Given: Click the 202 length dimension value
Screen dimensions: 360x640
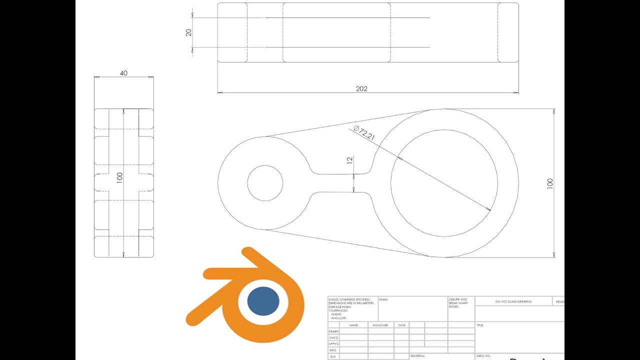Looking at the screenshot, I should [361, 88].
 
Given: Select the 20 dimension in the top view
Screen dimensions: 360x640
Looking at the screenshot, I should [188, 32].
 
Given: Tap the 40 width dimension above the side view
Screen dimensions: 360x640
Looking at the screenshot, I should [123, 73].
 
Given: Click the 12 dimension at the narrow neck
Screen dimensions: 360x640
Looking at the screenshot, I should [350, 160].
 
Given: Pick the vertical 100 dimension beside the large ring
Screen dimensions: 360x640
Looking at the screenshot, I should [550, 183].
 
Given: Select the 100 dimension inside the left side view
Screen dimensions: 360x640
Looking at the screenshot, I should [119, 178].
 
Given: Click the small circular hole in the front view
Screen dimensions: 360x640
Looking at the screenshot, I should [265, 183].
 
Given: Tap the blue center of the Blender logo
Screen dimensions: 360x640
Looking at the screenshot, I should [263, 301].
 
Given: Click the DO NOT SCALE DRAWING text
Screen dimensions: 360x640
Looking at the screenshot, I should [513, 301].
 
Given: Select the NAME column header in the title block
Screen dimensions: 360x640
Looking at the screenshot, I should [353, 325].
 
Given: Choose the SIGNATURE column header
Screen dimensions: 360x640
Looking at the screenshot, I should [380, 325].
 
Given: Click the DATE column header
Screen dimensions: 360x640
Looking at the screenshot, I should [401, 325].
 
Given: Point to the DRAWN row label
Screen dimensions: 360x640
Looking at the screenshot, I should [333, 331].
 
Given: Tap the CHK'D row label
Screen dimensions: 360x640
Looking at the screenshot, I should [333, 337].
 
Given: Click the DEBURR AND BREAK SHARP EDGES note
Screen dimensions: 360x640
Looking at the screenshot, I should [458, 302].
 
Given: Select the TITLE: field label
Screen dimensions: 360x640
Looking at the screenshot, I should [480, 325].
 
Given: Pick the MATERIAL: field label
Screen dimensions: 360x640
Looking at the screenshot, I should [417, 356].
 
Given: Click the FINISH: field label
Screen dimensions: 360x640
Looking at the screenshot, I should [383, 299].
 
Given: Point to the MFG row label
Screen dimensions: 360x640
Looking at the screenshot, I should [333, 350].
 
